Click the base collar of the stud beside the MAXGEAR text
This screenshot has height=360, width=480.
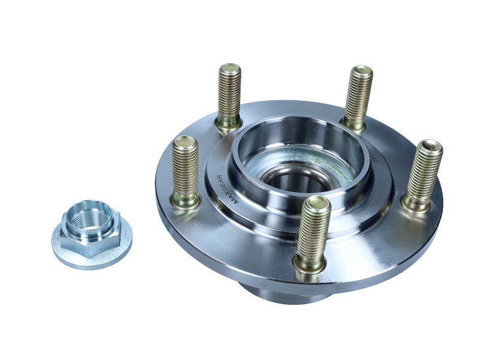click(185, 200)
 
